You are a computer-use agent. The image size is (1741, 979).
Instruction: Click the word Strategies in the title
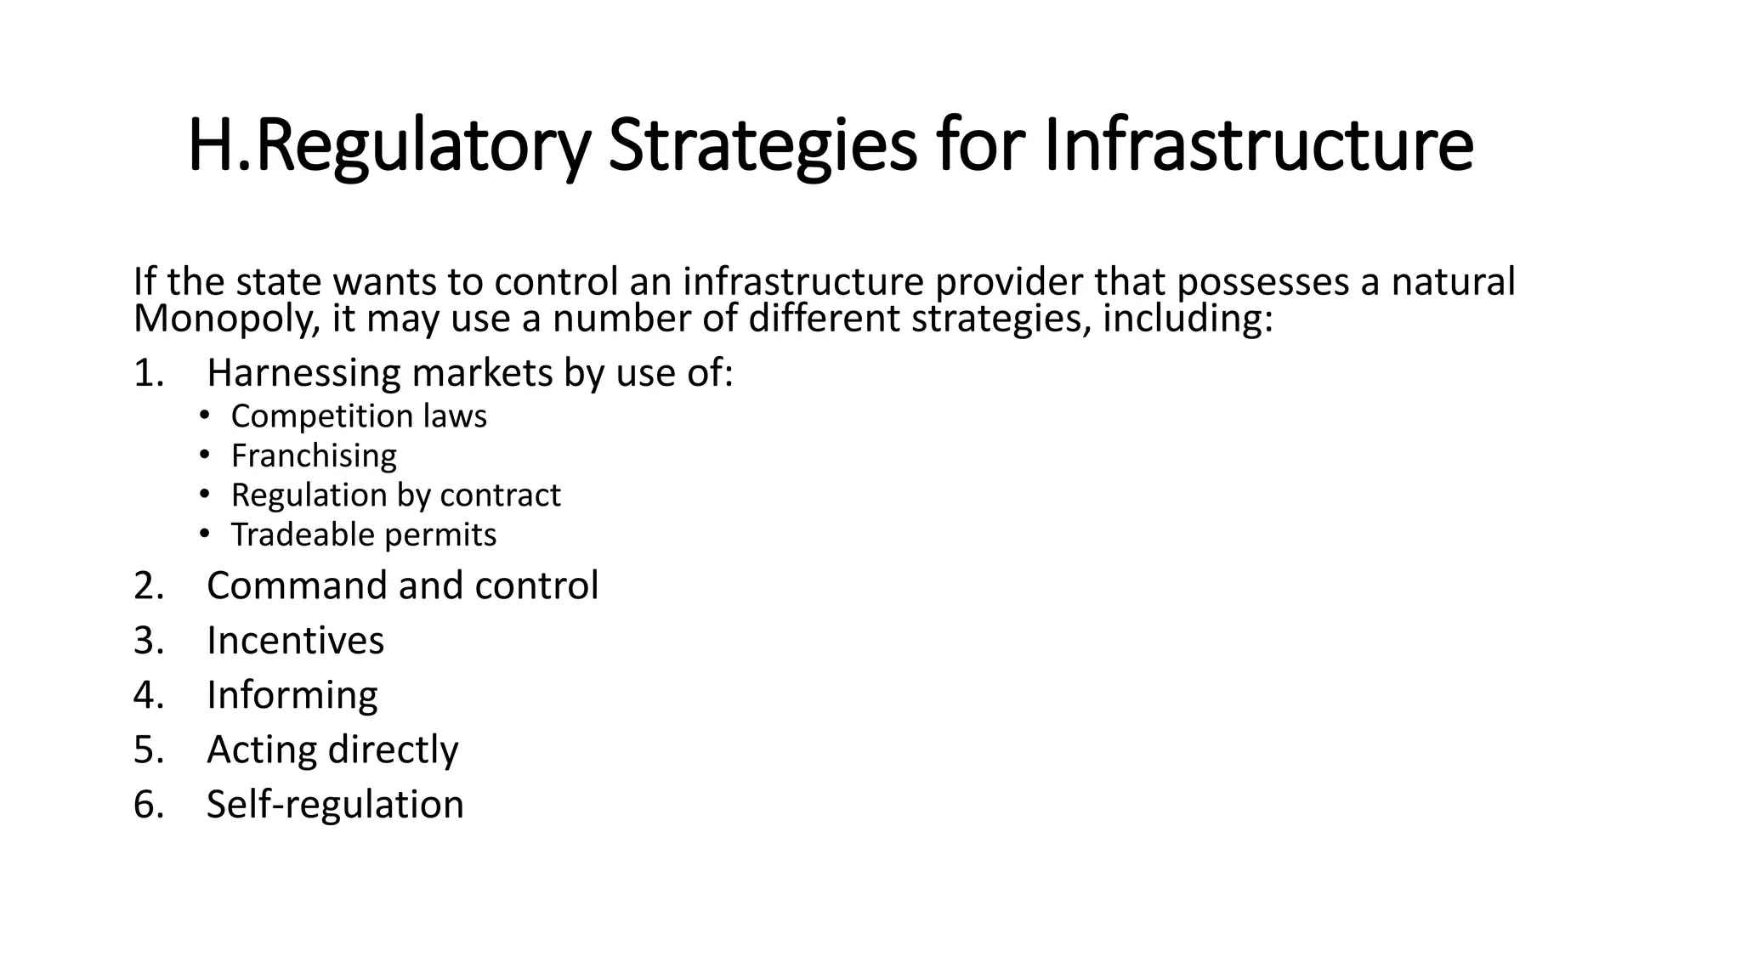[x=763, y=146]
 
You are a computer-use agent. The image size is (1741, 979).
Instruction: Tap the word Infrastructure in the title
[x=1258, y=146]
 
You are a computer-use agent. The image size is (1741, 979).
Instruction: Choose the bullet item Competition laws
[x=359, y=416]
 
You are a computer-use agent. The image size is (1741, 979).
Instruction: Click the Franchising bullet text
[x=314, y=456]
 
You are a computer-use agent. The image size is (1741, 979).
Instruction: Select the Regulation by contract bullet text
[x=395, y=495]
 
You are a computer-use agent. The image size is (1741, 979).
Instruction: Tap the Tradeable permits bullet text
[x=363, y=535]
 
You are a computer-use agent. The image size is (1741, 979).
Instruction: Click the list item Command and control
[x=402, y=586]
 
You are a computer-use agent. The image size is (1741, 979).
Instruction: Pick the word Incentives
[x=295, y=641]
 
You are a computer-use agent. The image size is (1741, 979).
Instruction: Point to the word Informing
[x=292, y=695]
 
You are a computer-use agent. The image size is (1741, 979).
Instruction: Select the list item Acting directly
[x=332, y=750]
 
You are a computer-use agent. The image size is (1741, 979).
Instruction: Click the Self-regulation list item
[x=335, y=805]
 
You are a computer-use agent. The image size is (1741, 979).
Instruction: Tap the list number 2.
[x=147, y=586]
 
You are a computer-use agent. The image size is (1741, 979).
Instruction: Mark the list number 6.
[x=147, y=805]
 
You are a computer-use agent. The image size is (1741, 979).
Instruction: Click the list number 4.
[x=147, y=695]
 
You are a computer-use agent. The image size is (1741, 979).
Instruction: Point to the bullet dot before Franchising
[x=204, y=456]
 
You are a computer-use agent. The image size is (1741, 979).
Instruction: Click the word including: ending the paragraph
[x=1188, y=320]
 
